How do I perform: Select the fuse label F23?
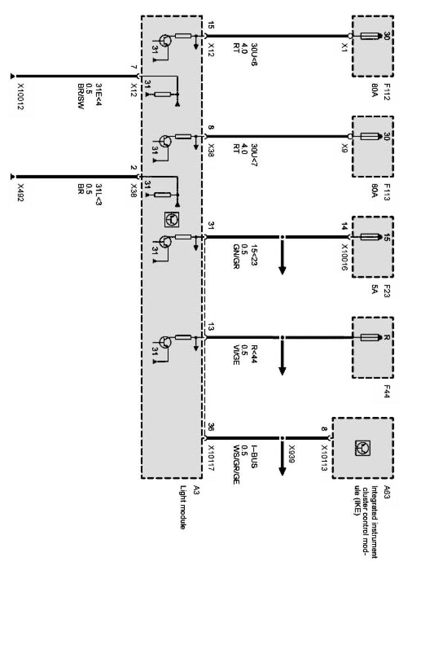(x=387, y=289)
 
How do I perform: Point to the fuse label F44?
(x=387, y=391)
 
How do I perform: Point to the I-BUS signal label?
(x=254, y=454)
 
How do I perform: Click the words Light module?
(x=183, y=506)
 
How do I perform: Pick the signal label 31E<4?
(x=98, y=94)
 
